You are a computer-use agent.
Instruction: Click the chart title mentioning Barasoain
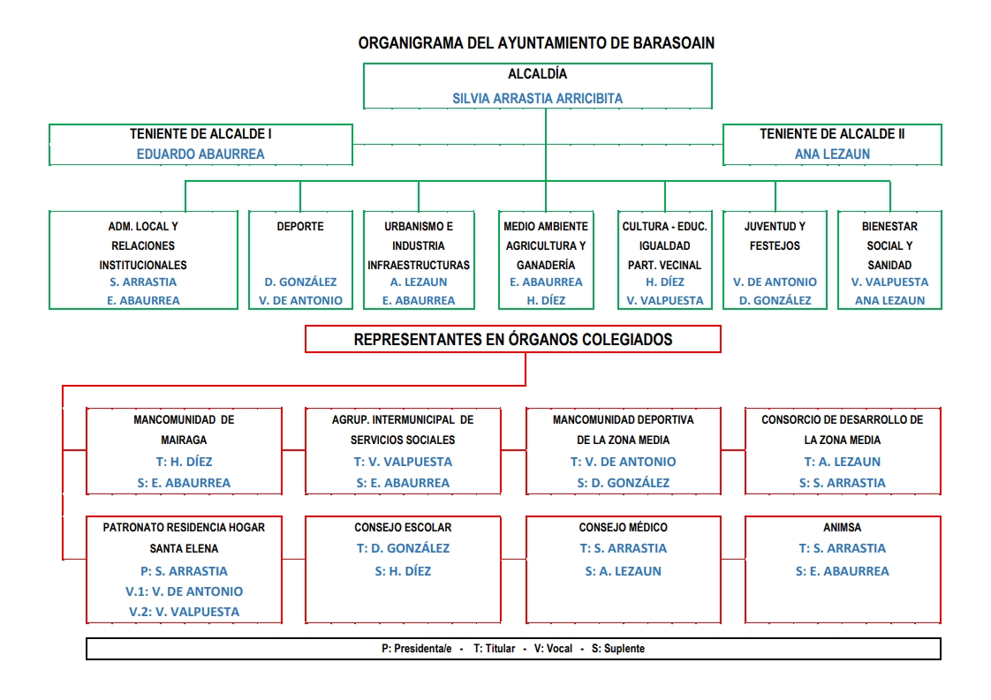(x=536, y=43)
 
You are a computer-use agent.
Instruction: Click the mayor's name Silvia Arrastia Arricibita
(x=537, y=99)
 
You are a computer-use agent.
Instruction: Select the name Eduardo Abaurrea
(x=200, y=154)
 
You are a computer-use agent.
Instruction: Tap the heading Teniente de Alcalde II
(x=832, y=134)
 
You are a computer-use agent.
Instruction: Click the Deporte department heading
(x=300, y=226)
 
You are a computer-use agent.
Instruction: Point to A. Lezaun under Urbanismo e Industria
(x=419, y=282)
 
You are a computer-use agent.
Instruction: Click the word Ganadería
(x=546, y=266)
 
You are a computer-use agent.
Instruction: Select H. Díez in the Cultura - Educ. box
(x=665, y=282)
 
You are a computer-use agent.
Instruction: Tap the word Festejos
(x=775, y=245)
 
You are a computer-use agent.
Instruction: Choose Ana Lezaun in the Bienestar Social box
(x=890, y=301)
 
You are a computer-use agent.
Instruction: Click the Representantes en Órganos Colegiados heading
(x=512, y=339)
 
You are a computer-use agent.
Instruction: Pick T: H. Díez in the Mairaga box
(x=184, y=462)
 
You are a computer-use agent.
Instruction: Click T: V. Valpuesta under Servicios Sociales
(x=403, y=462)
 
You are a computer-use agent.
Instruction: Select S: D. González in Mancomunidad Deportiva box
(x=624, y=483)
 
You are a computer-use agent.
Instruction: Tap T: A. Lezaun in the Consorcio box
(x=842, y=462)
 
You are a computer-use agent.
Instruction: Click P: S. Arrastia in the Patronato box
(x=184, y=571)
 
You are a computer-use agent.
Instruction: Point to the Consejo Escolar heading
(x=403, y=528)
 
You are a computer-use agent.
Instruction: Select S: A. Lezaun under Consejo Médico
(x=624, y=571)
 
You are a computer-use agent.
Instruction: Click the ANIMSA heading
(x=842, y=528)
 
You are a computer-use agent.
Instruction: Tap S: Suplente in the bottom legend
(x=618, y=649)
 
